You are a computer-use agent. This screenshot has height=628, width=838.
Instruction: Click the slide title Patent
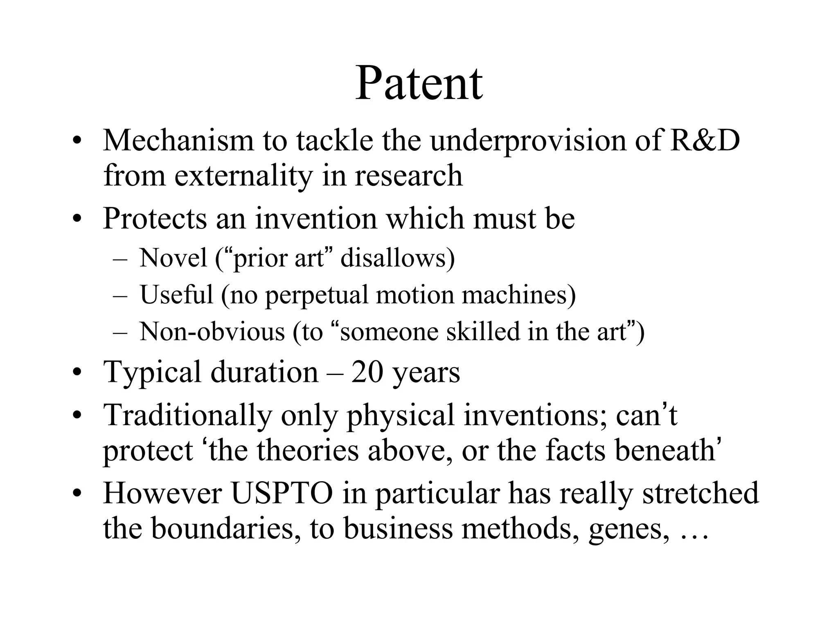[x=419, y=83]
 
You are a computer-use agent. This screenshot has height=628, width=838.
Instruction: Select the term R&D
[x=705, y=140]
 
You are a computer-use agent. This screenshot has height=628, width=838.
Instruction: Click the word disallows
[x=397, y=258]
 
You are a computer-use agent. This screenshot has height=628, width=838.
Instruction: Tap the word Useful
[x=176, y=294]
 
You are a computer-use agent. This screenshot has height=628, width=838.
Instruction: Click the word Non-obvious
[x=212, y=331]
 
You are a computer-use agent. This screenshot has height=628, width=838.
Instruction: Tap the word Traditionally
[x=187, y=415]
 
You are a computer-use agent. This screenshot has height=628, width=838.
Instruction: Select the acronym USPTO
[x=282, y=493]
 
